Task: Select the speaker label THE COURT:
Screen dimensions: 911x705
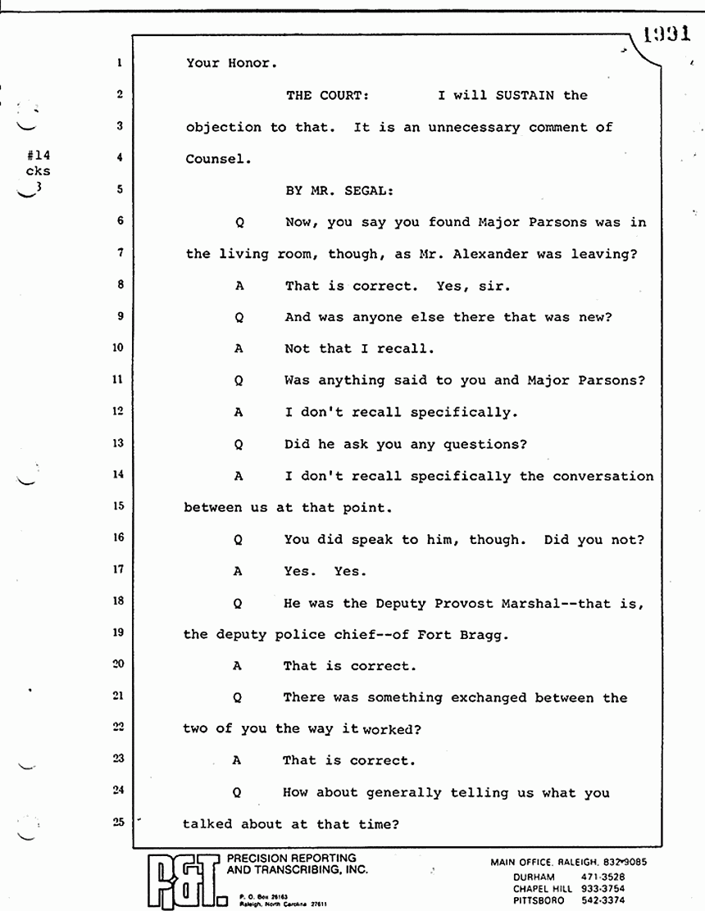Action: pos(327,96)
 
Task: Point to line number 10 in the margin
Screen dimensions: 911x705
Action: pos(118,347)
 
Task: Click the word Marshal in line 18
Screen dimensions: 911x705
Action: pos(527,604)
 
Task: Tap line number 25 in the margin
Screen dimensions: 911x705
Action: pos(118,823)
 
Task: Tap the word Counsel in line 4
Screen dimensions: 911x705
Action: pos(215,159)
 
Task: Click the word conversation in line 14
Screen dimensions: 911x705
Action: pos(603,476)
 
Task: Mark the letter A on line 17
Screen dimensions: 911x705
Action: pos(238,572)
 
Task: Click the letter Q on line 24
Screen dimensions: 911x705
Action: pos(238,793)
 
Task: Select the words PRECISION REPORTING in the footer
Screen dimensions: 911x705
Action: pos(291,859)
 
